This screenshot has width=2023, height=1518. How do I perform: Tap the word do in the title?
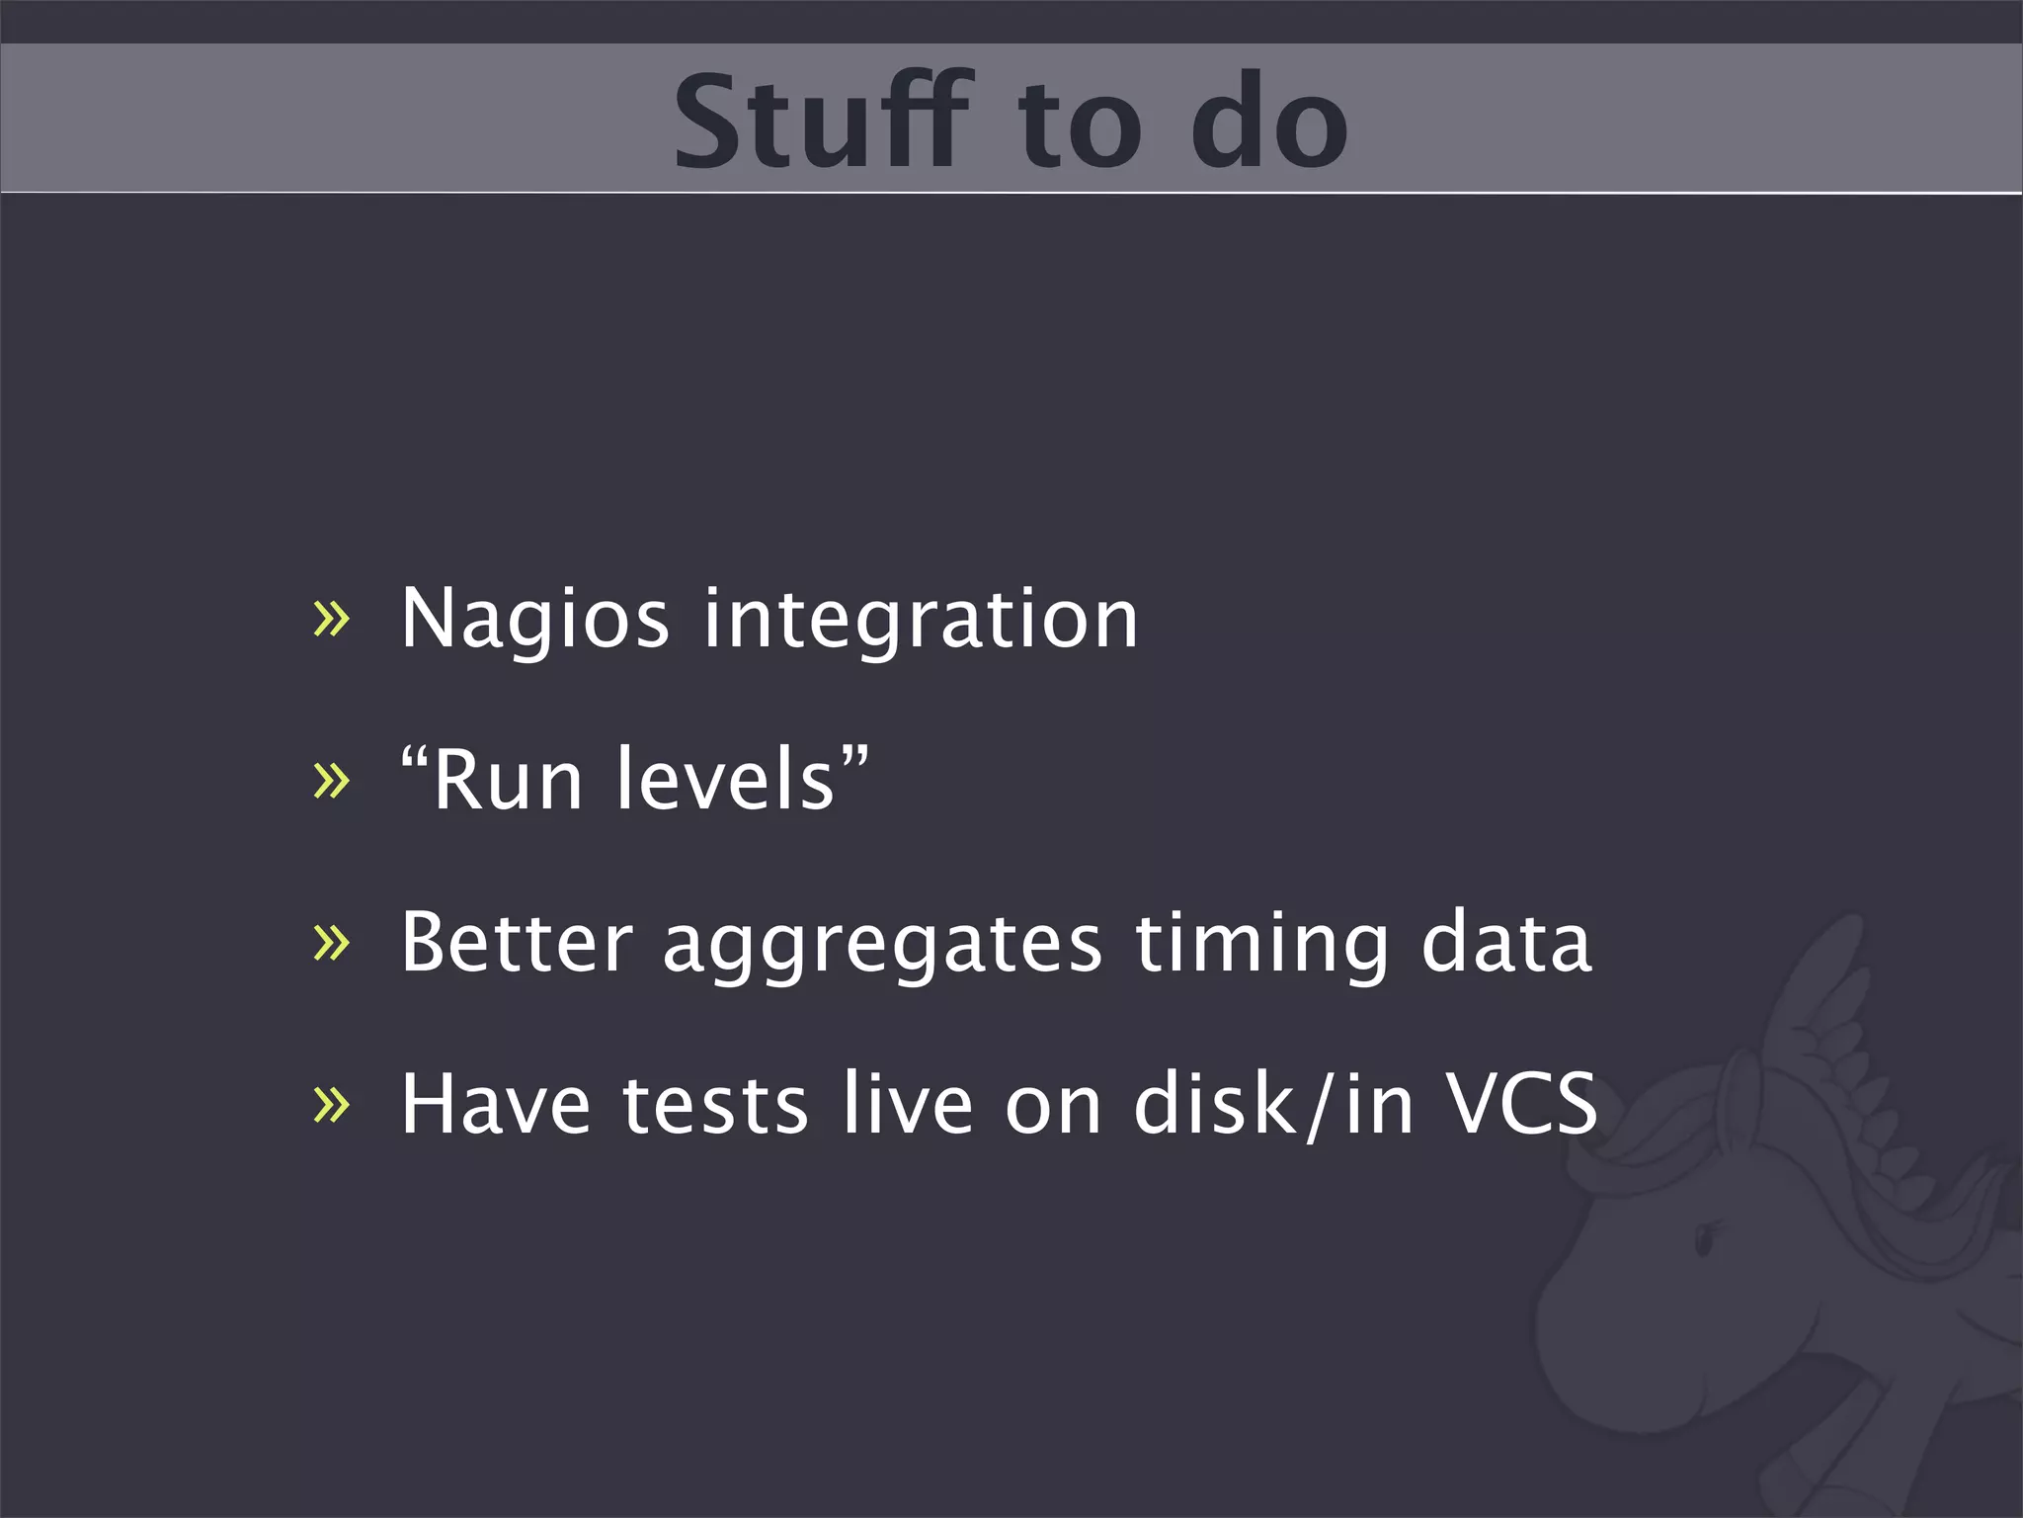click(1268, 123)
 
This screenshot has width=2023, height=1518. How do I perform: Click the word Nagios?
click(534, 620)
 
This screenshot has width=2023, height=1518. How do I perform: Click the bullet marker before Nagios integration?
click(331, 621)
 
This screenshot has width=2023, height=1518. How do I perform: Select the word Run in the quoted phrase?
click(508, 781)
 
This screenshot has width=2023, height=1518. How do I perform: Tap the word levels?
click(727, 781)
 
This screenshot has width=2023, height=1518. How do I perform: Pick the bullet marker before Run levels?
click(331, 781)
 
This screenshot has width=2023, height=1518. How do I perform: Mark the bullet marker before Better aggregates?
click(331, 943)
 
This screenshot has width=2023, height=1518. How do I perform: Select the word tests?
click(715, 1106)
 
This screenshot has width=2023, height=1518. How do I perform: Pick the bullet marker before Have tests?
click(331, 1105)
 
